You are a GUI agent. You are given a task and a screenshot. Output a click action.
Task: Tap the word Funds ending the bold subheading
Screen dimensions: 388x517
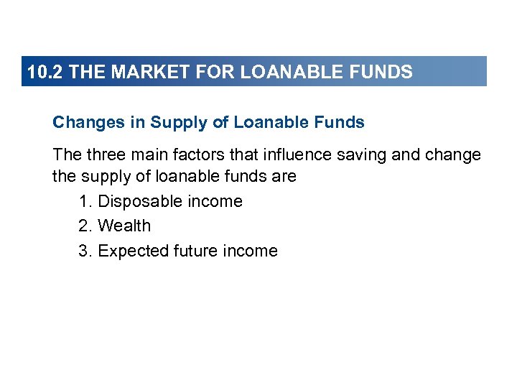point(341,123)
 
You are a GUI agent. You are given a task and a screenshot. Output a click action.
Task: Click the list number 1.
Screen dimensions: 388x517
point(85,202)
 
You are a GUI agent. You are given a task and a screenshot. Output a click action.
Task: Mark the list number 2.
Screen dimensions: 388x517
point(85,226)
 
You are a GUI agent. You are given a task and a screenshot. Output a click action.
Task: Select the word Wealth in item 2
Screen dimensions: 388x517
point(125,226)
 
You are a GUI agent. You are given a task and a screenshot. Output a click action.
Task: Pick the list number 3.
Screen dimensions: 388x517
point(85,251)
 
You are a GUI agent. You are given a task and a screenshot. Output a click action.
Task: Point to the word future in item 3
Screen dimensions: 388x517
point(196,251)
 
